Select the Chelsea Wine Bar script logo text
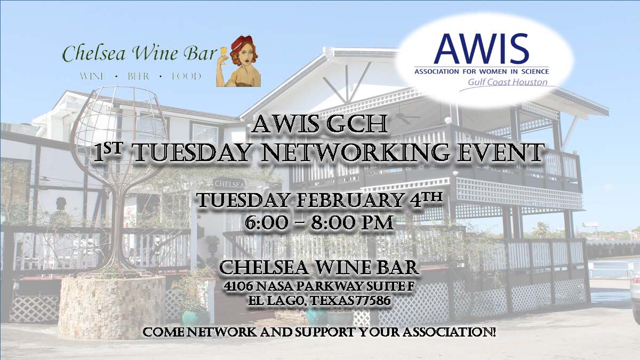click(140, 53)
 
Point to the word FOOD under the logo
click(186, 76)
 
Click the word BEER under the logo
click(138, 76)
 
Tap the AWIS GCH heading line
click(319, 126)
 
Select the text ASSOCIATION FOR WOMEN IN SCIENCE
click(482, 70)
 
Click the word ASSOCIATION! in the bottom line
click(447, 333)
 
